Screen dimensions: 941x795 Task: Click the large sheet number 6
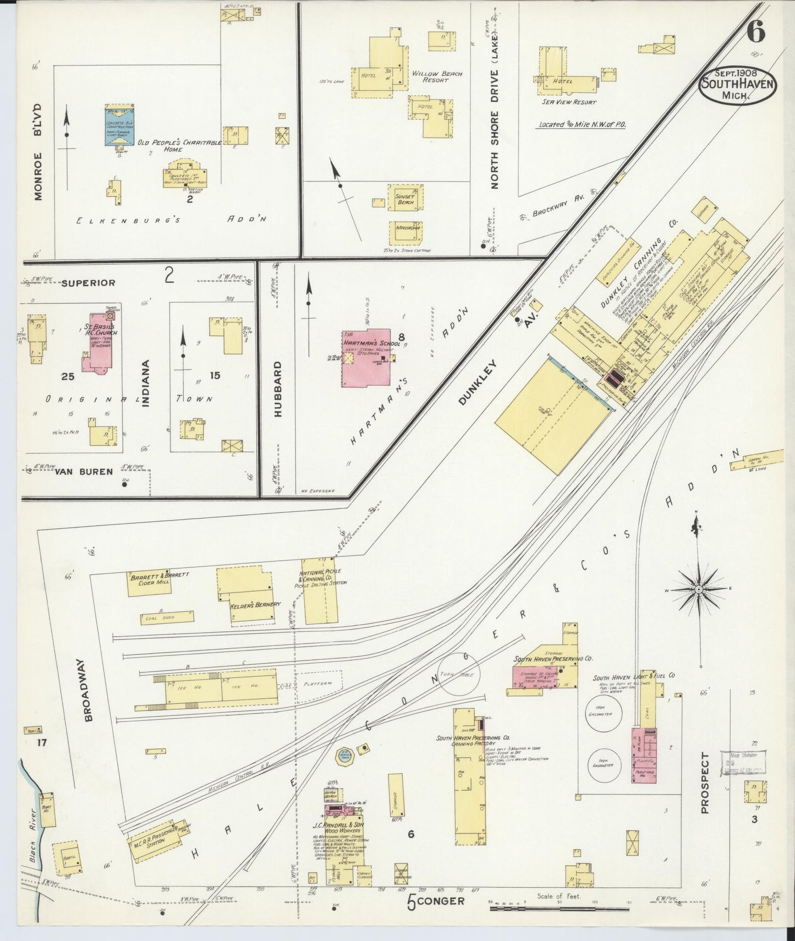[756, 32]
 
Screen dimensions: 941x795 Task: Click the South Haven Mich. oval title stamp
[737, 84]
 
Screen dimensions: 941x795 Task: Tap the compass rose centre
[698, 589]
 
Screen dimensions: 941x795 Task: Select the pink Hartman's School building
[366, 360]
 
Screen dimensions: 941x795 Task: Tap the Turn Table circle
[459, 674]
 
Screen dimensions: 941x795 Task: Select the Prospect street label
[705, 783]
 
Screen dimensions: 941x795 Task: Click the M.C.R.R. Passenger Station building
[157, 837]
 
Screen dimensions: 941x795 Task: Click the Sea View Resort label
[569, 102]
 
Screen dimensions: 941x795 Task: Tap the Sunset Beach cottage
[405, 199]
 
